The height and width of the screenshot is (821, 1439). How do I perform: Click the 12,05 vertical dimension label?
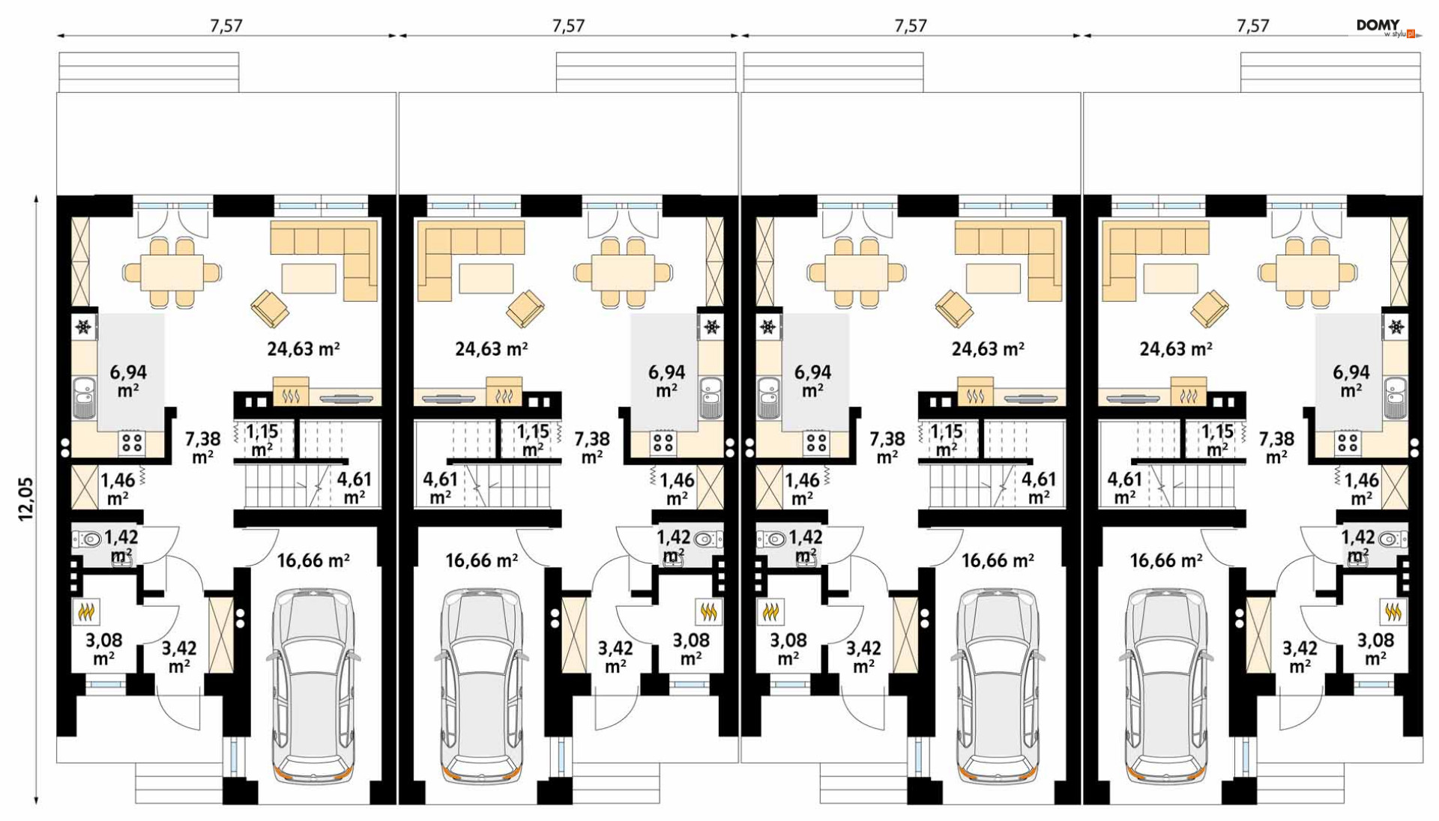pyautogui.click(x=26, y=499)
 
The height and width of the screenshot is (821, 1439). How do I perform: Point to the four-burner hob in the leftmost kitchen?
pyautogui.click(x=132, y=443)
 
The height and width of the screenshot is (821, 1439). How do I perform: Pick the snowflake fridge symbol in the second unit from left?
pyautogui.click(x=711, y=327)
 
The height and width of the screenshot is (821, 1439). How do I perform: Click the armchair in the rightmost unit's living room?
pyautogui.click(x=1208, y=308)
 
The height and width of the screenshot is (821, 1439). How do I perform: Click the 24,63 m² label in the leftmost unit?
pyautogui.click(x=304, y=349)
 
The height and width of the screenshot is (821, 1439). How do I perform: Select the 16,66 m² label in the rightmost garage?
pyautogui.click(x=1166, y=560)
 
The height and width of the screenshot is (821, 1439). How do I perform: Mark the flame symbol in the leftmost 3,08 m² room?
pyautogui.click(x=86, y=613)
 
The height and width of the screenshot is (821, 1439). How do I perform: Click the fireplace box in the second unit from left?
pyautogui.click(x=504, y=391)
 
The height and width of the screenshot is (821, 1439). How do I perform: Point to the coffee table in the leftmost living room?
pyautogui.click(x=309, y=278)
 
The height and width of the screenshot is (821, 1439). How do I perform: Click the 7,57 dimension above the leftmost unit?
pyautogui.click(x=226, y=25)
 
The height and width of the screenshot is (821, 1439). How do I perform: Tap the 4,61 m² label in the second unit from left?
pyautogui.click(x=440, y=488)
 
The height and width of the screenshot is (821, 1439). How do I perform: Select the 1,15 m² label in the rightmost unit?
pyautogui.click(x=1217, y=440)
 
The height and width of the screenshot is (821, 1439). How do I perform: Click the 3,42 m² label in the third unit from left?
pyautogui.click(x=863, y=656)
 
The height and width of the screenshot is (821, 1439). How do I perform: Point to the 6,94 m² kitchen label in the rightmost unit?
pyautogui.click(x=1351, y=381)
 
